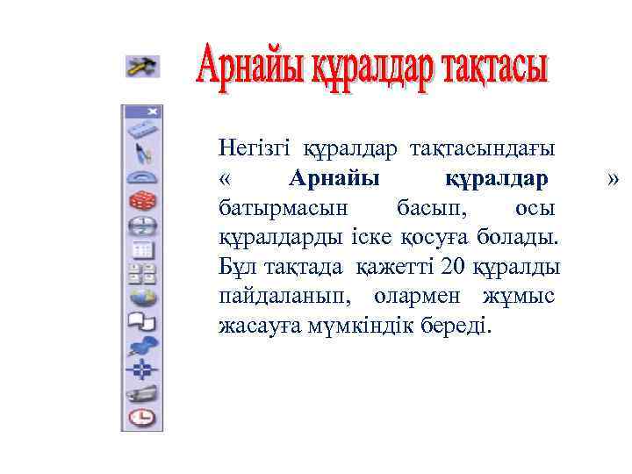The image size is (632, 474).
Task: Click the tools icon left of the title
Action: [141, 66]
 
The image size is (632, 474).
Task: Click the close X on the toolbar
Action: [154, 111]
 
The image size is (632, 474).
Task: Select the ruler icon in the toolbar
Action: [141, 131]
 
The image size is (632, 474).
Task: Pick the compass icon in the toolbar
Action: [141, 154]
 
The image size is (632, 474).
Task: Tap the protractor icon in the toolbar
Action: [141, 178]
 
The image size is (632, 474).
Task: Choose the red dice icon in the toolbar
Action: [141, 202]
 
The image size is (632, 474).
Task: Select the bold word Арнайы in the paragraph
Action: [334, 180]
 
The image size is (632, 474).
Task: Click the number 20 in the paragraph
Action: [454, 266]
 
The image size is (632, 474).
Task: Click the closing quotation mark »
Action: [614, 179]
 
